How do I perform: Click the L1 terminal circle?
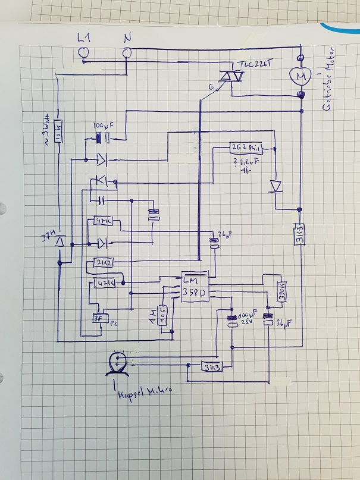point(84,54)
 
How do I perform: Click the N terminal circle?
point(127,54)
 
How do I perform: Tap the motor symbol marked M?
point(300,76)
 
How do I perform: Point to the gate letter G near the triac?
point(211,87)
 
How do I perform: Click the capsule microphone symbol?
point(117,362)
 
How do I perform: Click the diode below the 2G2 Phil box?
point(275,186)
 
